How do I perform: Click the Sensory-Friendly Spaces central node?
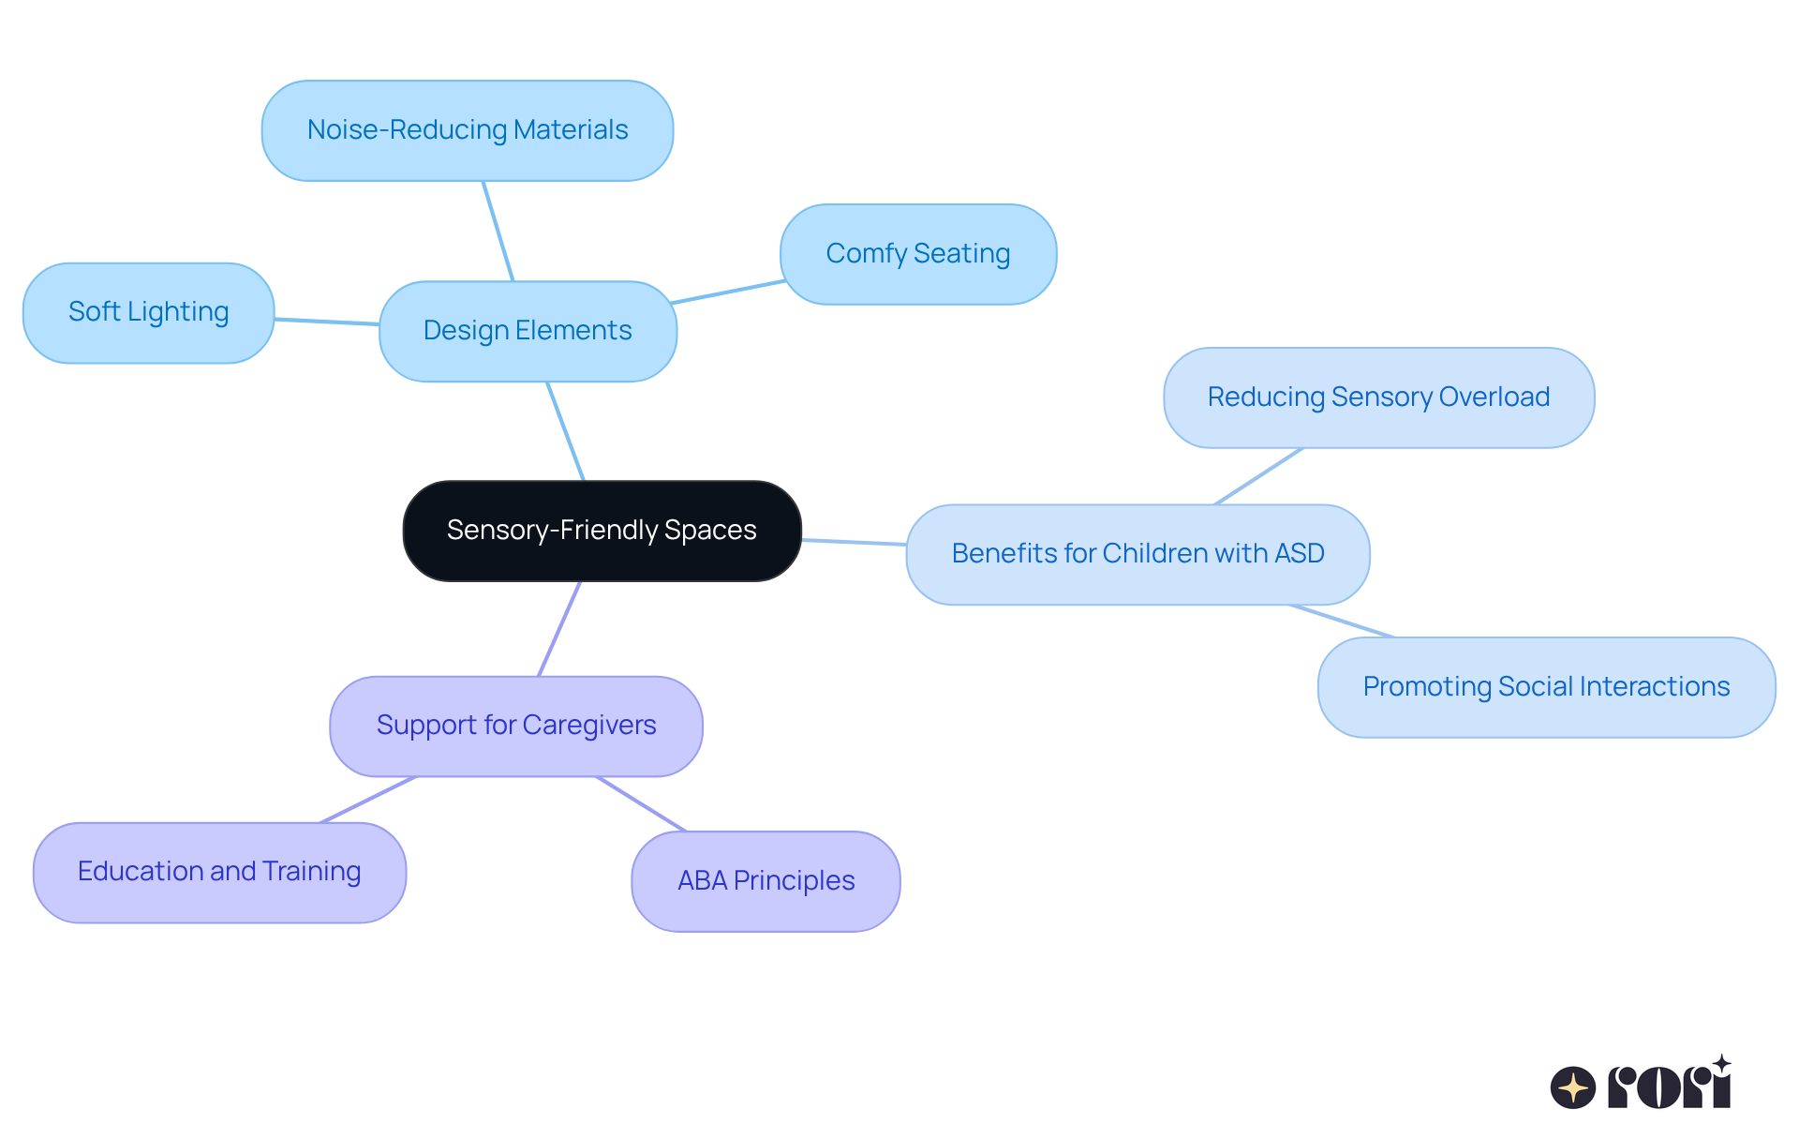(x=602, y=531)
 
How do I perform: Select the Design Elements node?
(x=528, y=331)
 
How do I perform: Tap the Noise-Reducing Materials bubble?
(x=467, y=130)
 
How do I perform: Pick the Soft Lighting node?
(x=148, y=312)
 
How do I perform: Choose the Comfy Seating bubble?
(x=917, y=254)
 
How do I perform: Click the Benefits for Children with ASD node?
(x=1137, y=554)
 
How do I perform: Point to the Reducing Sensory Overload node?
(x=1378, y=397)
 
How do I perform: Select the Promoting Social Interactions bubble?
(x=1546, y=687)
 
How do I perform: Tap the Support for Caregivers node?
(x=515, y=726)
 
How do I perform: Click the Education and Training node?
(x=219, y=872)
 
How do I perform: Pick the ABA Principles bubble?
(x=766, y=881)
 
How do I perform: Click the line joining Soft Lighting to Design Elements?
(x=326, y=322)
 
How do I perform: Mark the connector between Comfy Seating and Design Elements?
(x=728, y=292)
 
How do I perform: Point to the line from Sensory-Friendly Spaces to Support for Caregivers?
(x=559, y=628)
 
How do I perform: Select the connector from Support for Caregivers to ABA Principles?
(x=642, y=803)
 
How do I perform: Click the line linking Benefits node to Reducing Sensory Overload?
(x=1258, y=476)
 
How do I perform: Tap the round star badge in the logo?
(x=1572, y=1087)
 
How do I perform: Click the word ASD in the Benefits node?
(x=1299, y=554)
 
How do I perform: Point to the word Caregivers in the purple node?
(x=589, y=726)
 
